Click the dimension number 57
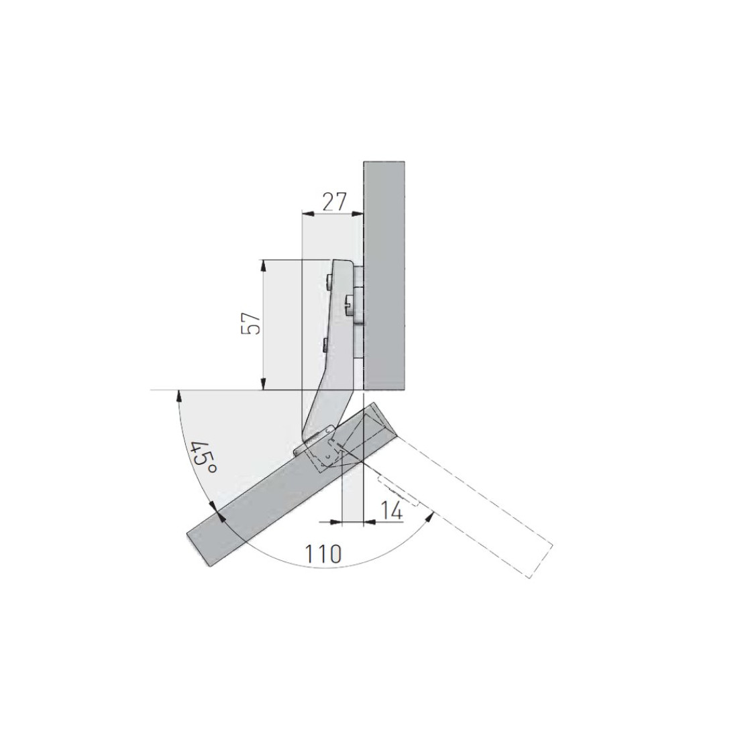tap(251, 323)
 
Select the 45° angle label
tap(203, 458)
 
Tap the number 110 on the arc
tap(323, 554)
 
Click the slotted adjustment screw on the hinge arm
tap(350, 306)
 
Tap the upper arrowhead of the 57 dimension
tap(263, 266)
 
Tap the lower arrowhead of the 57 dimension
tap(263, 384)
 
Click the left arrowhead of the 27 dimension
tap(307, 213)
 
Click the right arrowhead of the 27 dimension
tap(357, 213)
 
